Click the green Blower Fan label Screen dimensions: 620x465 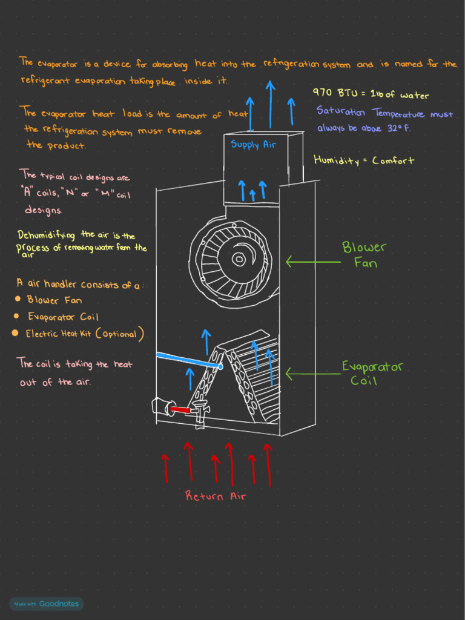tap(364, 254)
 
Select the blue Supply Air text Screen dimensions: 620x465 tap(253, 145)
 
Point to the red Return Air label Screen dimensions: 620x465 tap(216, 496)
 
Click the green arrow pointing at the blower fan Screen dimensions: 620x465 tap(312, 262)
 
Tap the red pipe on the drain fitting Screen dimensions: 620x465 tap(181, 410)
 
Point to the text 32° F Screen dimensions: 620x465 tap(398, 128)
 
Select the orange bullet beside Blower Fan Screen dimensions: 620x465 tap(18, 299)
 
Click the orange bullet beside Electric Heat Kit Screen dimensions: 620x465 tap(15, 333)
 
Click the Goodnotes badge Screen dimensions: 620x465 tap(46, 604)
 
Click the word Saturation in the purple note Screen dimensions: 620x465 tap(340, 113)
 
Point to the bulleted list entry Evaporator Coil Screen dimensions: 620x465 tap(63, 317)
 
